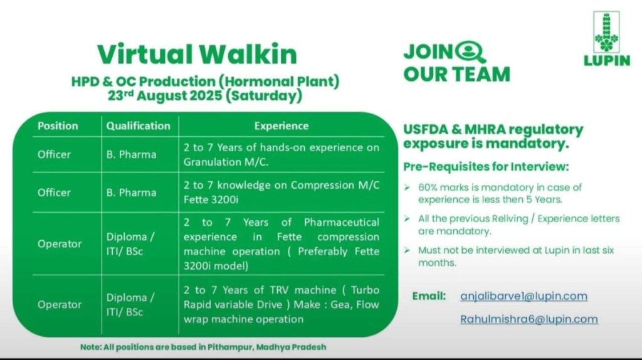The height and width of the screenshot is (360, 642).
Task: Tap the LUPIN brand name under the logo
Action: point(606,61)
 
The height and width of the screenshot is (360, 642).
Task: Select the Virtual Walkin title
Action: point(196,54)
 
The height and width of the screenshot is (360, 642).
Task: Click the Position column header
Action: point(58,125)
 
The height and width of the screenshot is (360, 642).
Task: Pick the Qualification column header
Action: point(138,125)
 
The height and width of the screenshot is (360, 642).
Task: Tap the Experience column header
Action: point(281,125)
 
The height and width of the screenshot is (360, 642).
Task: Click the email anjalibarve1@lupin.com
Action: point(524,296)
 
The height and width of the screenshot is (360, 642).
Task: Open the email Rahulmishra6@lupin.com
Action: point(529,319)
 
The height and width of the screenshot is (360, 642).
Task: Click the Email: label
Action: point(429,296)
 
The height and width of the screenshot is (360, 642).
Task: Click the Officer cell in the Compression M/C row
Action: point(54,193)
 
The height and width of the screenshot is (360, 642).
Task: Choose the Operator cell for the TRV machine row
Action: point(60,305)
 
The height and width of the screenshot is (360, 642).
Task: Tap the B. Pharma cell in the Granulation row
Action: point(130,154)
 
